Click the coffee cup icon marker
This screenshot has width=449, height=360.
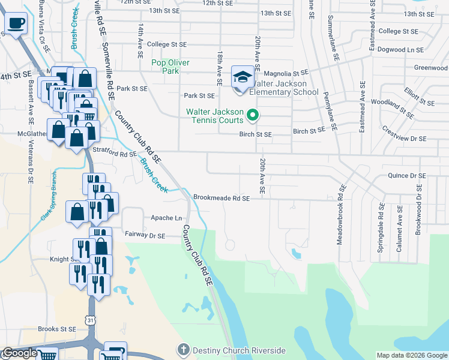tap(17, 23)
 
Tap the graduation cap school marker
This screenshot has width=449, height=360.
tap(243, 77)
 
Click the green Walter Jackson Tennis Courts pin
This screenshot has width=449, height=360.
tap(253, 114)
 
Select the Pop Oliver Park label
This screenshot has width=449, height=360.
tap(170, 67)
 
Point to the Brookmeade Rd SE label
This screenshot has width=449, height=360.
tap(221, 198)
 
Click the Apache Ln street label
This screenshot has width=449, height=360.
tap(166, 218)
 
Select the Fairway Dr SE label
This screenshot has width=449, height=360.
tap(144, 236)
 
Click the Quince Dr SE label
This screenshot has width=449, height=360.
tap(407, 176)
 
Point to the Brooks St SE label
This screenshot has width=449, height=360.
tap(57, 329)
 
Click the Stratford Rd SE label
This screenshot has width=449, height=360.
tap(115, 154)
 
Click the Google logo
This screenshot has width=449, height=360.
tap(20, 353)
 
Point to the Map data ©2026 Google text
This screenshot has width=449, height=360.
tap(412, 356)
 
